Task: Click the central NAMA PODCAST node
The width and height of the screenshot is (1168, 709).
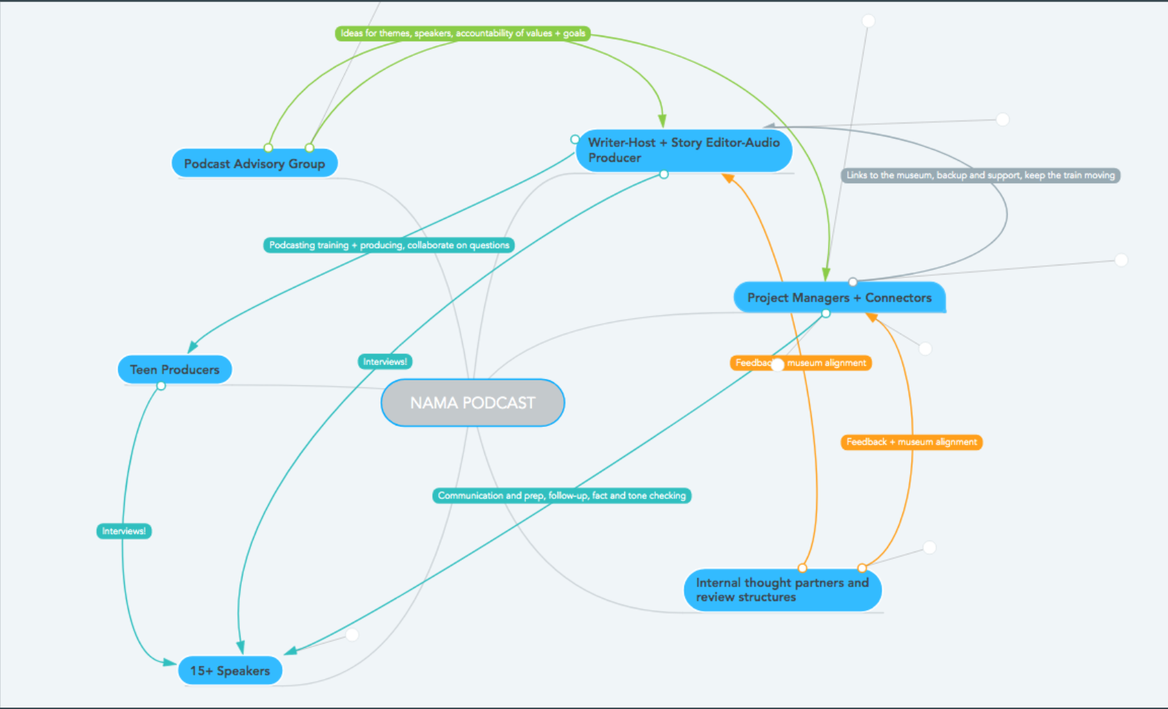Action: pos(472,403)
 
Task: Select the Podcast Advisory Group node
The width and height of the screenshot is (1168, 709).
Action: pos(254,164)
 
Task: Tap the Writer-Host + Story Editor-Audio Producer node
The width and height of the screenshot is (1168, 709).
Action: pos(683,150)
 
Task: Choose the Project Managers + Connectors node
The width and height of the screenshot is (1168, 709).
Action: pos(839,297)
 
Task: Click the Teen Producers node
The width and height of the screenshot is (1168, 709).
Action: pos(174,370)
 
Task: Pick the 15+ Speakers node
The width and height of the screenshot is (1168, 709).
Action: pos(230,671)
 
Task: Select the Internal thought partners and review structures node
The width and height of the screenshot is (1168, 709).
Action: pos(782,590)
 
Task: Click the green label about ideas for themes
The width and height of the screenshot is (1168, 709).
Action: pos(463,33)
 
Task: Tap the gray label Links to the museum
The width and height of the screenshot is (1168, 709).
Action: pos(980,176)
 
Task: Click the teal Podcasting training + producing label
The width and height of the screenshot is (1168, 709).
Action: pos(389,245)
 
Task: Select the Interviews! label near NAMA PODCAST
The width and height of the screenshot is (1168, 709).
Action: pos(385,361)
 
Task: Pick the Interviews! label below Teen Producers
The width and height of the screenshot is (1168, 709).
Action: pos(123,531)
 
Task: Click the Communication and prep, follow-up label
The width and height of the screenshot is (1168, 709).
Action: pos(561,496)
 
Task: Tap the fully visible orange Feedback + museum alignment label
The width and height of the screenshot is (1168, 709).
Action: pos(911,442)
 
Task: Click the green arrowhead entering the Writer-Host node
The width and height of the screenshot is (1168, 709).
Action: pos(662,121)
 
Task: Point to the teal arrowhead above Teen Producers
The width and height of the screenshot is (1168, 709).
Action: pos(193,346)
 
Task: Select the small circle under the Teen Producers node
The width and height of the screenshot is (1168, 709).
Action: pos(161,386)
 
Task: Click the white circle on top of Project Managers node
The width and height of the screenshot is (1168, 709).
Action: pos(852,282)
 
